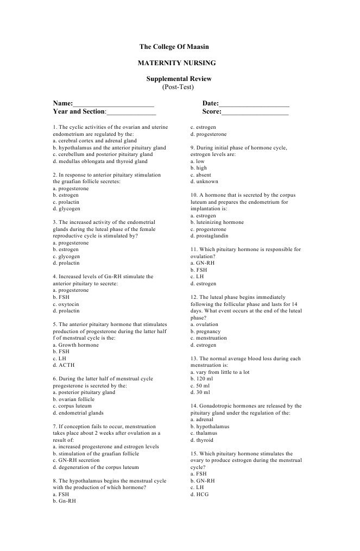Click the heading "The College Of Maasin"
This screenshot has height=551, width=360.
(x=178, y=48)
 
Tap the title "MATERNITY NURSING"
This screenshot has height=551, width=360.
(x=178, y=64)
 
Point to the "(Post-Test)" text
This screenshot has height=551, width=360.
(x=178, y=87)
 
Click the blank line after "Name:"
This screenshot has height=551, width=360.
(x=113, y=103)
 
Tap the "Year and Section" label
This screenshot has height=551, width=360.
(x=78, y=111)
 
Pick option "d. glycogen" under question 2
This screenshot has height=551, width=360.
(x=66, y=209)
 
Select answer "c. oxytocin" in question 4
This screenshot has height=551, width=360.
(x=66, y=304)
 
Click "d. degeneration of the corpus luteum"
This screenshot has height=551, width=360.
(x=96, y=467)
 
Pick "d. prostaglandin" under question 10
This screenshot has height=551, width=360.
(x=209, y=236)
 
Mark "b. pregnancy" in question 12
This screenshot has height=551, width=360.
(x=205, y=331)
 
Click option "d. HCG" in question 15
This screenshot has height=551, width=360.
(x=199, y=494)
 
